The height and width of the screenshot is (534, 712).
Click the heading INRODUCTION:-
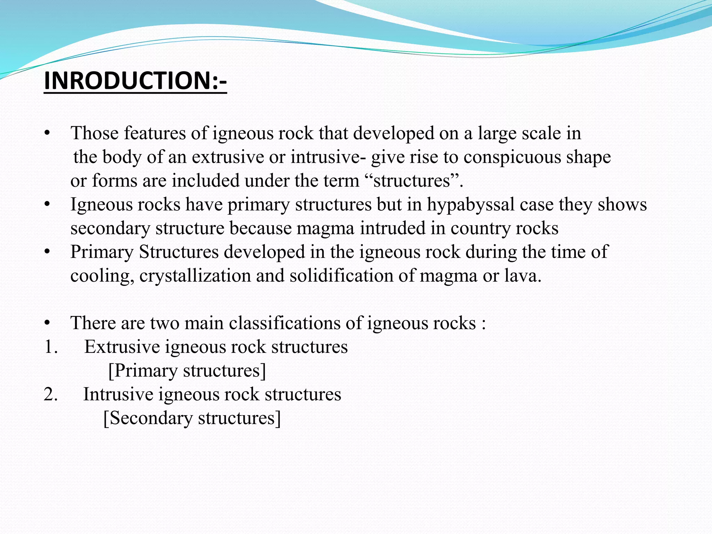point(135,81)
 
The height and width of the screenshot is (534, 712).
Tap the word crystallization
point(195,276)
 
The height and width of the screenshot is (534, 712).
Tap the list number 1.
point(50,347)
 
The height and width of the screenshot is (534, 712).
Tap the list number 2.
point(50,394)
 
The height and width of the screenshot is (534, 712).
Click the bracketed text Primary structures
point(187,371)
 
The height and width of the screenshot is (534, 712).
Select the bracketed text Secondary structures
point(192,418)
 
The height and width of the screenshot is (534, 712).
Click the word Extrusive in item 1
point(122,347)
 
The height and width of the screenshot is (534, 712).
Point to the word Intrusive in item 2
point(118,394)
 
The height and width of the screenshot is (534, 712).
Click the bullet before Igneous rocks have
point(47,204)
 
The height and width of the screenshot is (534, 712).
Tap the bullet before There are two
point(47,323)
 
